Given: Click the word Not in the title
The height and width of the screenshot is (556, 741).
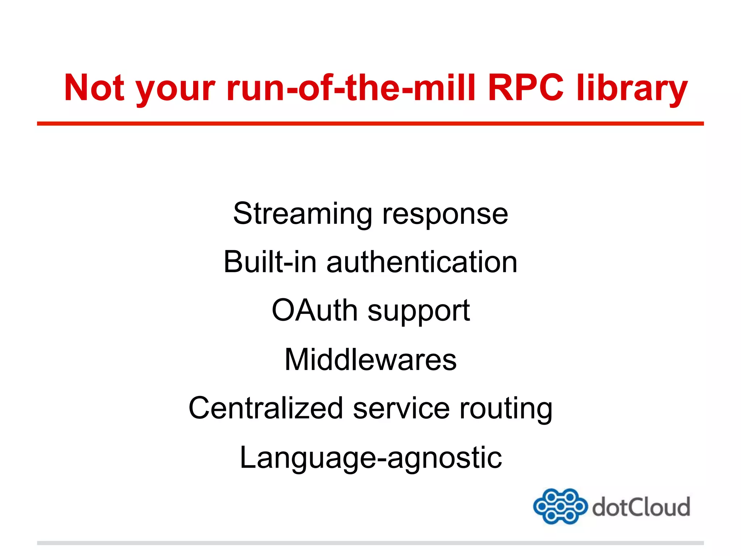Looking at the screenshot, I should point(94,88).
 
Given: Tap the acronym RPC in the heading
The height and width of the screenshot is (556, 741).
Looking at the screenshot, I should point(525,88).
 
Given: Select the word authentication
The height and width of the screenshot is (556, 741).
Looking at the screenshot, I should point(422,262).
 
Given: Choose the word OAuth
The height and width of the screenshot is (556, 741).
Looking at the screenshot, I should point(314,310).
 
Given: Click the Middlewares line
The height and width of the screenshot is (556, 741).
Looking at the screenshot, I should point(370,359).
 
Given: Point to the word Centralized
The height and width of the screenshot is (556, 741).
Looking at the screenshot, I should point(266,408).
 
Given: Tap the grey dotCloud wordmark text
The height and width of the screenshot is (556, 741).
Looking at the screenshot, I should point(641,507).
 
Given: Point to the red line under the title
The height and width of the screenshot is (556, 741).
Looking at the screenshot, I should point(370,124).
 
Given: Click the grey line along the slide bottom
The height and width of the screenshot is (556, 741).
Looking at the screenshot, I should point(370,543).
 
